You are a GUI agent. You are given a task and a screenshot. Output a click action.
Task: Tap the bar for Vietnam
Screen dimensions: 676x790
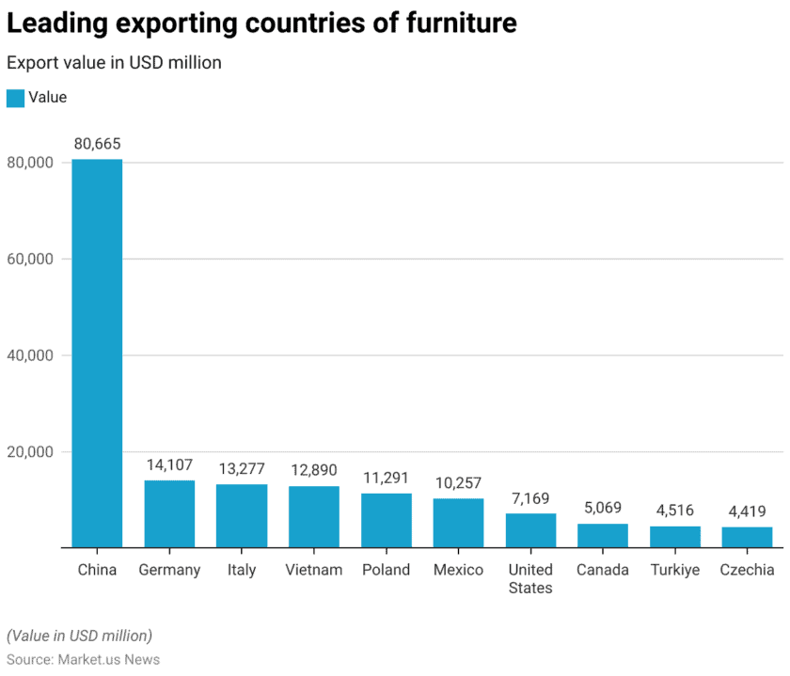tap(314, 516)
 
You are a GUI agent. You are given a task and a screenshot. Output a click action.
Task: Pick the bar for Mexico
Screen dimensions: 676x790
tap(458, 523)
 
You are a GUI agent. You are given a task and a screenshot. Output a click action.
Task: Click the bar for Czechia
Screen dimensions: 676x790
tap(747, 537)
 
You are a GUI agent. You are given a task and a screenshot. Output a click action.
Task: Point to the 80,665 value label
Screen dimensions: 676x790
tap(97, 144)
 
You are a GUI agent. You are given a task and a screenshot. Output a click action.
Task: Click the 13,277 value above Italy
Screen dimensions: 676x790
tap(242, 468)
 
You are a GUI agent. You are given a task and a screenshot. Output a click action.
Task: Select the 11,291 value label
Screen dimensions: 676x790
tap(386, 478)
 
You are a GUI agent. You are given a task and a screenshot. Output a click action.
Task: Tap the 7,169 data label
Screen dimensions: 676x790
tap(530, 497)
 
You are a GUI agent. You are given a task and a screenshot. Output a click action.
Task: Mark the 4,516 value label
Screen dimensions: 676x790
tap(675, 511)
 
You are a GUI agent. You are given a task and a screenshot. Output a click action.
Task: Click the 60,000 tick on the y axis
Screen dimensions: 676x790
tap(30, 259)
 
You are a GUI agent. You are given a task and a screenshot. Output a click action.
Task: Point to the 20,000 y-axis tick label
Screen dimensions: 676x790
tap(30, 451)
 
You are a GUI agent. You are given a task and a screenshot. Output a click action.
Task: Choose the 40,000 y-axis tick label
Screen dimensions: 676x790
tap(30, 355)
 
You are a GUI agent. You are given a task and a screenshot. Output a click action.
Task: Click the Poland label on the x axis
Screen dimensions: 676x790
tap(386, 570)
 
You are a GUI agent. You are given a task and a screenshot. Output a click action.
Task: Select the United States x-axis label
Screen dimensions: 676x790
tap(530, 578)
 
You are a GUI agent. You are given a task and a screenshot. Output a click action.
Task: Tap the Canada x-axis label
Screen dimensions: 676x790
tap(603, 570)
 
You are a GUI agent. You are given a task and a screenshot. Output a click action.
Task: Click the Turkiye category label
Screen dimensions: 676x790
tap(675, 570)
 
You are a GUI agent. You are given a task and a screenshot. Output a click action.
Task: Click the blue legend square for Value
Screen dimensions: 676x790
tap(15, 98)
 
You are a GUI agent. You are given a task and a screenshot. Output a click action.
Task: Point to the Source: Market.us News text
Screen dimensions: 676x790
tap(83, 659)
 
